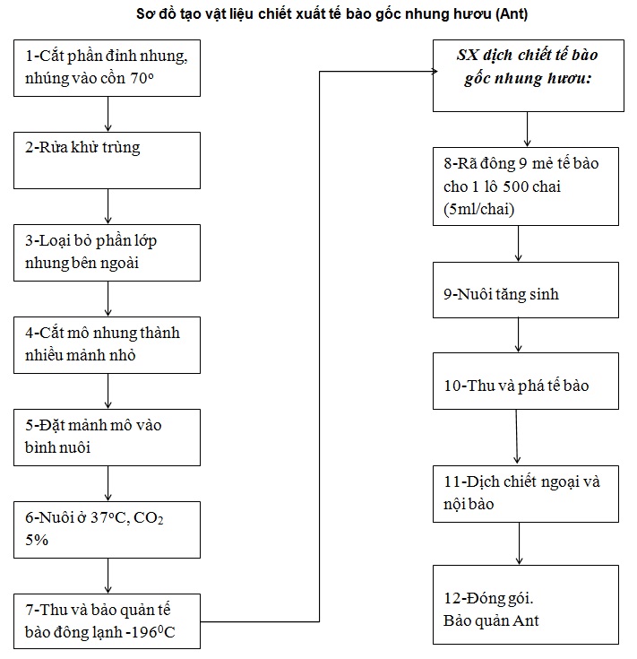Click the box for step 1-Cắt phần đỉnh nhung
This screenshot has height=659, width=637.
108,68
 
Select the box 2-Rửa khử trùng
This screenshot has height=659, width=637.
108,160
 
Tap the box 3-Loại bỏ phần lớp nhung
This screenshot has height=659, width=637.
108,253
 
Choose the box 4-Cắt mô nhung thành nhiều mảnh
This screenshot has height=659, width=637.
108,345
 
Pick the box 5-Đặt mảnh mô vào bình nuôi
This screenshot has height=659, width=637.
108,438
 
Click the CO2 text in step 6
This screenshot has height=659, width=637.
148,518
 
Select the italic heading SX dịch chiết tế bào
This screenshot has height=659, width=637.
528,66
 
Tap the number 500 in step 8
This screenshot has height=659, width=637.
515,186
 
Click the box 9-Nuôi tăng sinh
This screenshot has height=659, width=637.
526,290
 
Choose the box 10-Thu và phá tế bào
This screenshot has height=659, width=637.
526,381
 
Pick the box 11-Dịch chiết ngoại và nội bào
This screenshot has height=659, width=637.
526,494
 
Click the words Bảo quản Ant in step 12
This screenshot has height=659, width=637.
491,620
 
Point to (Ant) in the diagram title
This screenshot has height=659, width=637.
512,14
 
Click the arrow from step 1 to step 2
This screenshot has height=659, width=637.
108,115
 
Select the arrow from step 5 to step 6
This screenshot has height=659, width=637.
108,483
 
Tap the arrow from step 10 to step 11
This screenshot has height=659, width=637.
517,438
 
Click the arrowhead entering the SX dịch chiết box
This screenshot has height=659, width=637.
435,72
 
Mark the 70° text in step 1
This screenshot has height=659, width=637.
142,78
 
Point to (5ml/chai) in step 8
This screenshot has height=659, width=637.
478,209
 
